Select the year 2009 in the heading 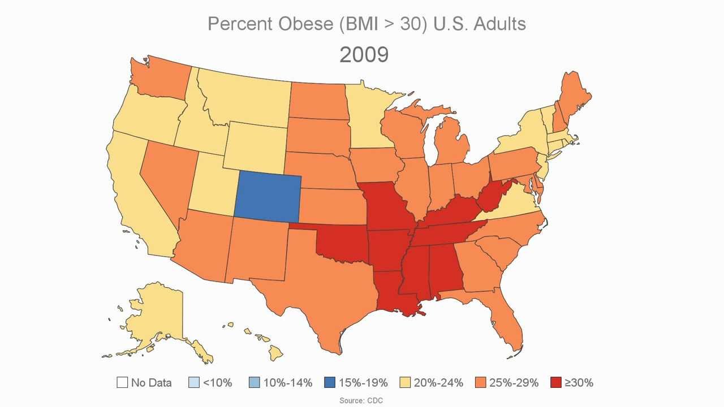[x=364, y=55]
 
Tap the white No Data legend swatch [x=122, y=383]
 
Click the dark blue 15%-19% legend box [x=330, y=383]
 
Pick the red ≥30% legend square [x=555, y=383]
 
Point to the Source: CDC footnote [x=361, y=400]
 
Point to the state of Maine [x=574, y=96]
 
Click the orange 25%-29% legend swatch [x=481, y=383]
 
